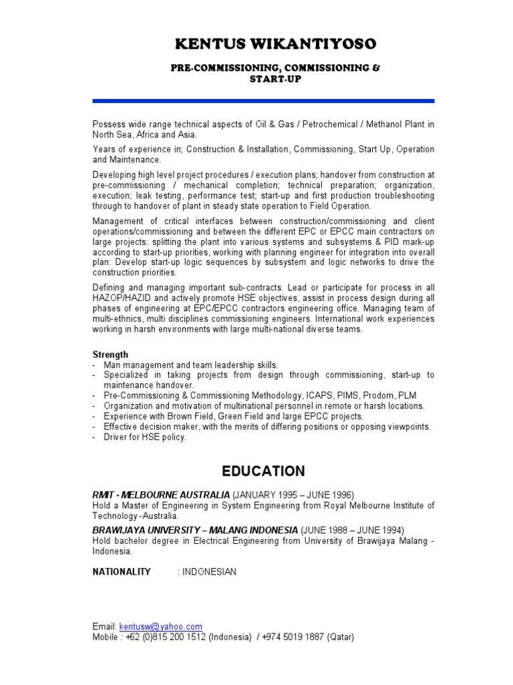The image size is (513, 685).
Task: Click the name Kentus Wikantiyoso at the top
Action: click(275, 45)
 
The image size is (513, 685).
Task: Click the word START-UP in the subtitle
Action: click(275, 79)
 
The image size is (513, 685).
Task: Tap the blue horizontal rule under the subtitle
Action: click(263, 101)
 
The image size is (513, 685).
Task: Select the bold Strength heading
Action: click(110, 354)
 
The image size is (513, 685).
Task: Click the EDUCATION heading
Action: click(265, 471)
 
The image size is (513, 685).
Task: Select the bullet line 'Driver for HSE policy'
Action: click(145, 437)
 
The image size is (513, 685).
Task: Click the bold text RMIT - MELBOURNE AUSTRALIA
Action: click(161, 494)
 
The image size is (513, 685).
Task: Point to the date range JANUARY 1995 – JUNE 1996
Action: click(293, 494)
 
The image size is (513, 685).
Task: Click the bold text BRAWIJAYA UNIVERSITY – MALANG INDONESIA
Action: click(195, 530)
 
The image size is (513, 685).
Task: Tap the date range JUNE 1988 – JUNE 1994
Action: click(353, 530)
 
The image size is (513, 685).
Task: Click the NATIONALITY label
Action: click(122, 572)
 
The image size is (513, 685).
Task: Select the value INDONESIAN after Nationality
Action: click(209, 572)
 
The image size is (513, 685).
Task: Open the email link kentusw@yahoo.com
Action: click(160, 626)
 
